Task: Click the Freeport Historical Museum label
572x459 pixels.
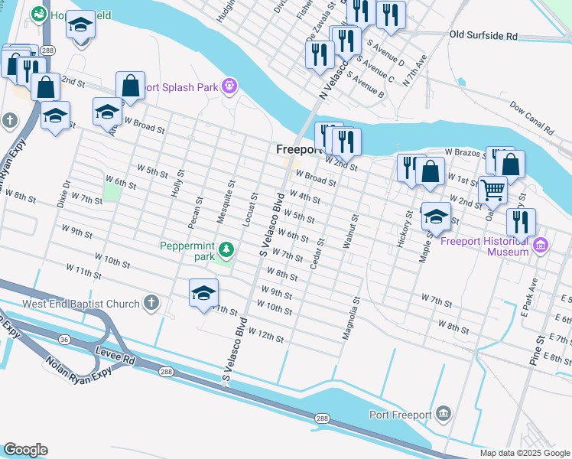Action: pyautogui.click(x=486, y=246)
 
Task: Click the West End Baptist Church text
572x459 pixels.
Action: pyautogui.click(x=81, y=304)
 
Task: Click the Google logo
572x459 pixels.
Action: pyautogui.click(x=25, y=450)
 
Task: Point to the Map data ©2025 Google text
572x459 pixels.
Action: pyautogui.click(x=525, y=453)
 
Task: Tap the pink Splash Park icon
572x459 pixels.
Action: pyautogui.click(x=229, y=86)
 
